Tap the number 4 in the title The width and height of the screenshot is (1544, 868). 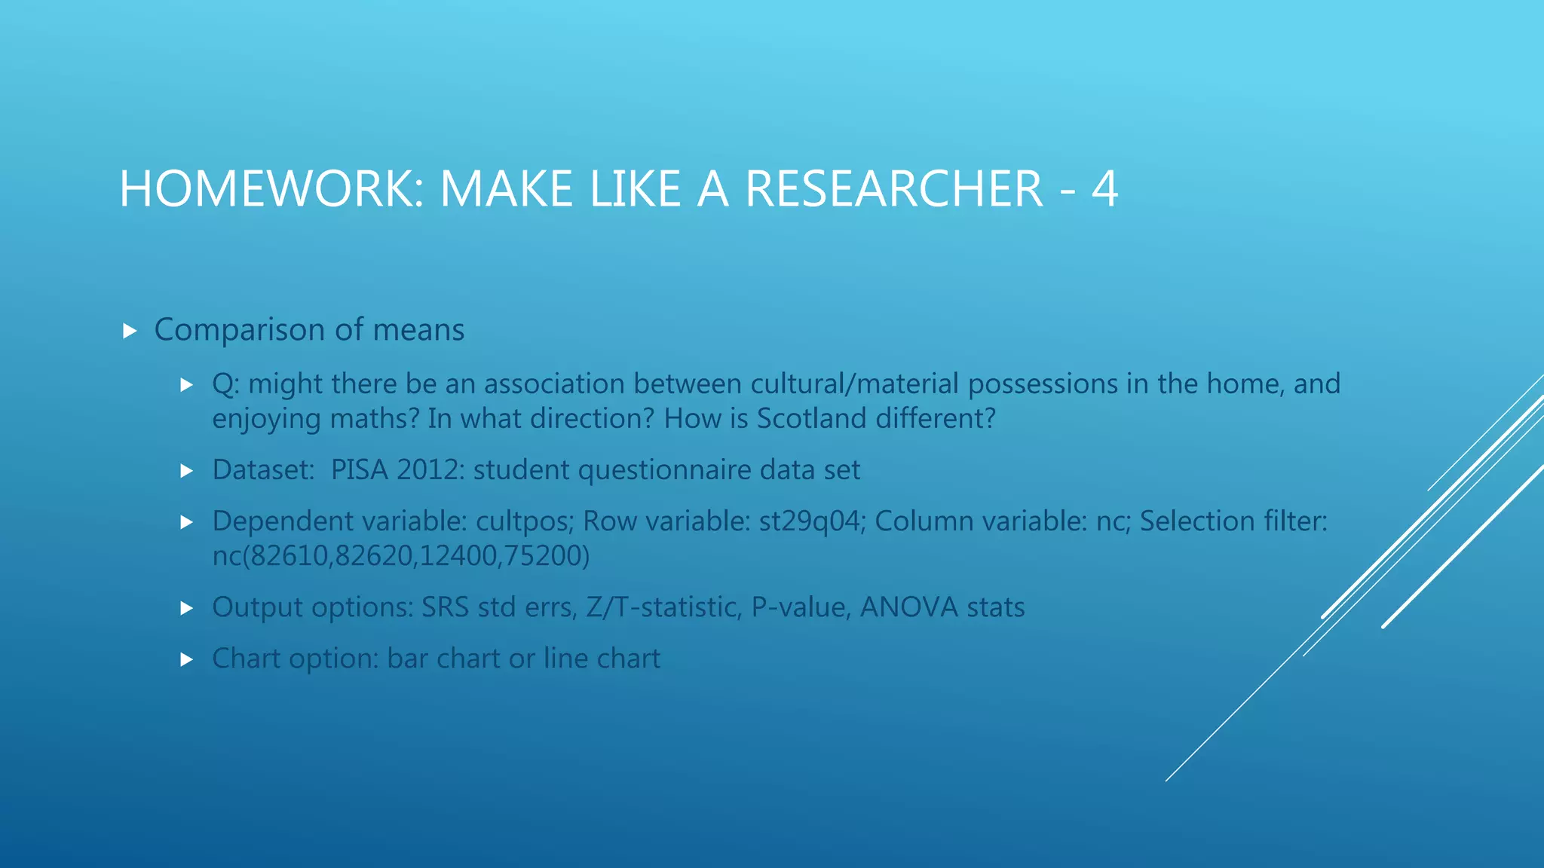pos(1104,188)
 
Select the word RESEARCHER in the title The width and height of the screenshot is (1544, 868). pos(894,188)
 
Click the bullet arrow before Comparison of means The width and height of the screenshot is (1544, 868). pos(130,331)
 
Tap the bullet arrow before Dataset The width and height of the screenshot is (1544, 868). pos(187,471)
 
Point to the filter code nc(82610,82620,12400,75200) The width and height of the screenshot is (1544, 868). pos(400,556)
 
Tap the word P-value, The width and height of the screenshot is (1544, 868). pos(801,607)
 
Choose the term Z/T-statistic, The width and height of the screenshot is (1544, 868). pos(663,607)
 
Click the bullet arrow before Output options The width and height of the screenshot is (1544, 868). pos(187,608)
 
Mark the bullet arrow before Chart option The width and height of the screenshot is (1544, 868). pos(187,659)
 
